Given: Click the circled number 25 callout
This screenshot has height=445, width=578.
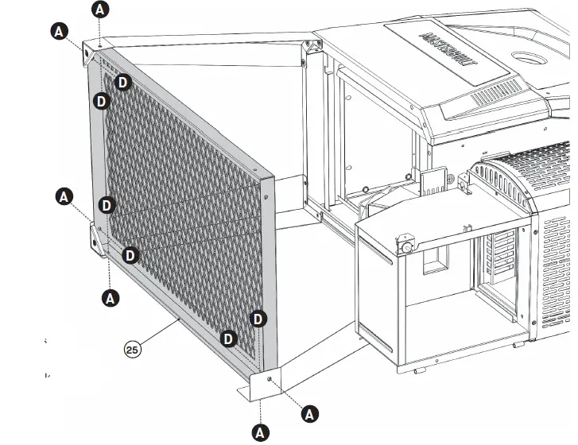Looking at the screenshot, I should [x=132, y=348].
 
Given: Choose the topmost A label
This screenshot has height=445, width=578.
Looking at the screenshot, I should [x=100, y=10].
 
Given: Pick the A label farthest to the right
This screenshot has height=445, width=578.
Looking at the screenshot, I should [x=311, y=413].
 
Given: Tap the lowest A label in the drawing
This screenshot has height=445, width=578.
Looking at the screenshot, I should [x=260, y=432].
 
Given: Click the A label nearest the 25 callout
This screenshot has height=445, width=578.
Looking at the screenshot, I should [x=111, y=298].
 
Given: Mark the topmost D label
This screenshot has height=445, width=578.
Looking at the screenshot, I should [x=122, y=82].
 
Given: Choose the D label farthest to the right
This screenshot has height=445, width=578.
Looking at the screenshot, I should [x=258, y=319].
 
